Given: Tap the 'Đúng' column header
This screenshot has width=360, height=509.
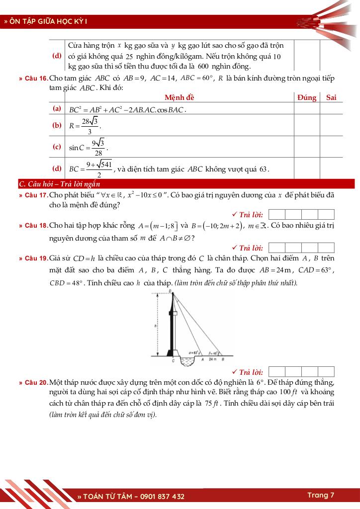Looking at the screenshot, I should (x=307, y=97).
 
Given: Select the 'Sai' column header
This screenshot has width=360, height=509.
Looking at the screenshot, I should (x=331, y=97).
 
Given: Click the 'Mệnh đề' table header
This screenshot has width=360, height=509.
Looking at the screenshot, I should (x=180, y=97).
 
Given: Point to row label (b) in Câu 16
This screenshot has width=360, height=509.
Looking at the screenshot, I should (x=57, y=126).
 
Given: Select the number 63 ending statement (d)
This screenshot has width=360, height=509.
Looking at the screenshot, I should (x=264, y=169).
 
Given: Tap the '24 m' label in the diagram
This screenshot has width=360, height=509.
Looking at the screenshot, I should (x=211, y=358).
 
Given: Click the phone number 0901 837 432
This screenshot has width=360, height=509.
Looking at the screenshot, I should (x=160, y=496).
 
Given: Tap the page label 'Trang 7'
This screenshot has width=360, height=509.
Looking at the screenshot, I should (x=321, y=495).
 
